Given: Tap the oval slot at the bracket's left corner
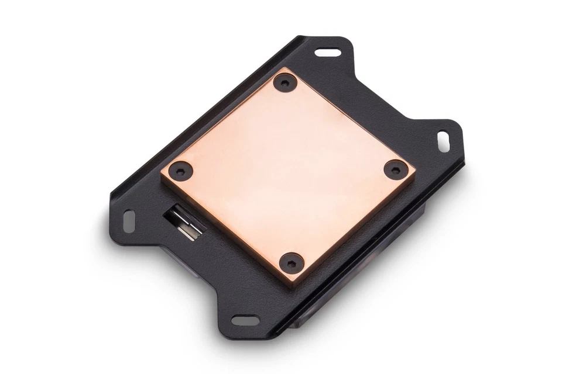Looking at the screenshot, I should tap(128, 221).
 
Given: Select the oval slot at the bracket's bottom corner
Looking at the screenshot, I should tap(245, 320).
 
